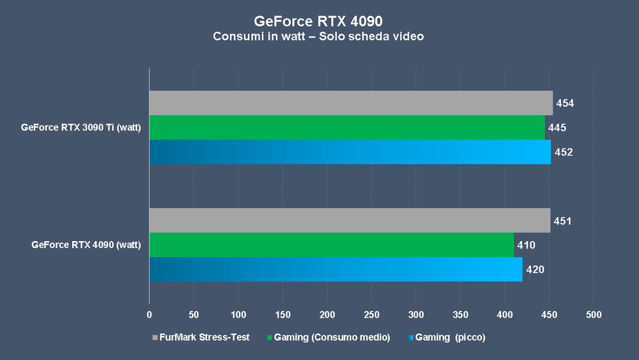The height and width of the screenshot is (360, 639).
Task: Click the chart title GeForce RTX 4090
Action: [x=319, y=20]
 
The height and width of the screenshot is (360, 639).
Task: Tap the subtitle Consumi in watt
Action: [x=319, y=36]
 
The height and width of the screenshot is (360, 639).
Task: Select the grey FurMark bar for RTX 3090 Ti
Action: [x=351, y=103]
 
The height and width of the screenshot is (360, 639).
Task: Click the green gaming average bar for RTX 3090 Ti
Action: [x=347, y=127]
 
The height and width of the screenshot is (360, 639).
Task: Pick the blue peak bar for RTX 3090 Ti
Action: [x=350, y=152]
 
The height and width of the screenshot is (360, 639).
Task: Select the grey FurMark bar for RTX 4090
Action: [x=350, y=221]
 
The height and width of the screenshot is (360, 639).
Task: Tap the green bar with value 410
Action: [x=331, y=245]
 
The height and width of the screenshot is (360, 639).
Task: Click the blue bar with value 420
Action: [x=335, y=269]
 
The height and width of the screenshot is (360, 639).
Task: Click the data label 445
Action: [x=557, y=128]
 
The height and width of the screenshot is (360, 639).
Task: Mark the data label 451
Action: [x=562, y=221]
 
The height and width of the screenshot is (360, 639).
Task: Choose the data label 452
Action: [x=563, y=152]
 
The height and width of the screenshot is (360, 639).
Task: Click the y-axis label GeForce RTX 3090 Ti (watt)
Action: [x=81, y=127]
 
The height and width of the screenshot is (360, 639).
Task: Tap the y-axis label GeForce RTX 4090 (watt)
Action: [x=86, y=245]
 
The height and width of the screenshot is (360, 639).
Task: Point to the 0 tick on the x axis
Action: [x=150, y=315]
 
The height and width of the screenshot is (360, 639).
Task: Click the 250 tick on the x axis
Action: [x=371, y=315]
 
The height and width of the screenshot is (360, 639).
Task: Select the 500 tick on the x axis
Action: [x=593, y=315]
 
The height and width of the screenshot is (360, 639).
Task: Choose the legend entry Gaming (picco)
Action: [x=445, y=337]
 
